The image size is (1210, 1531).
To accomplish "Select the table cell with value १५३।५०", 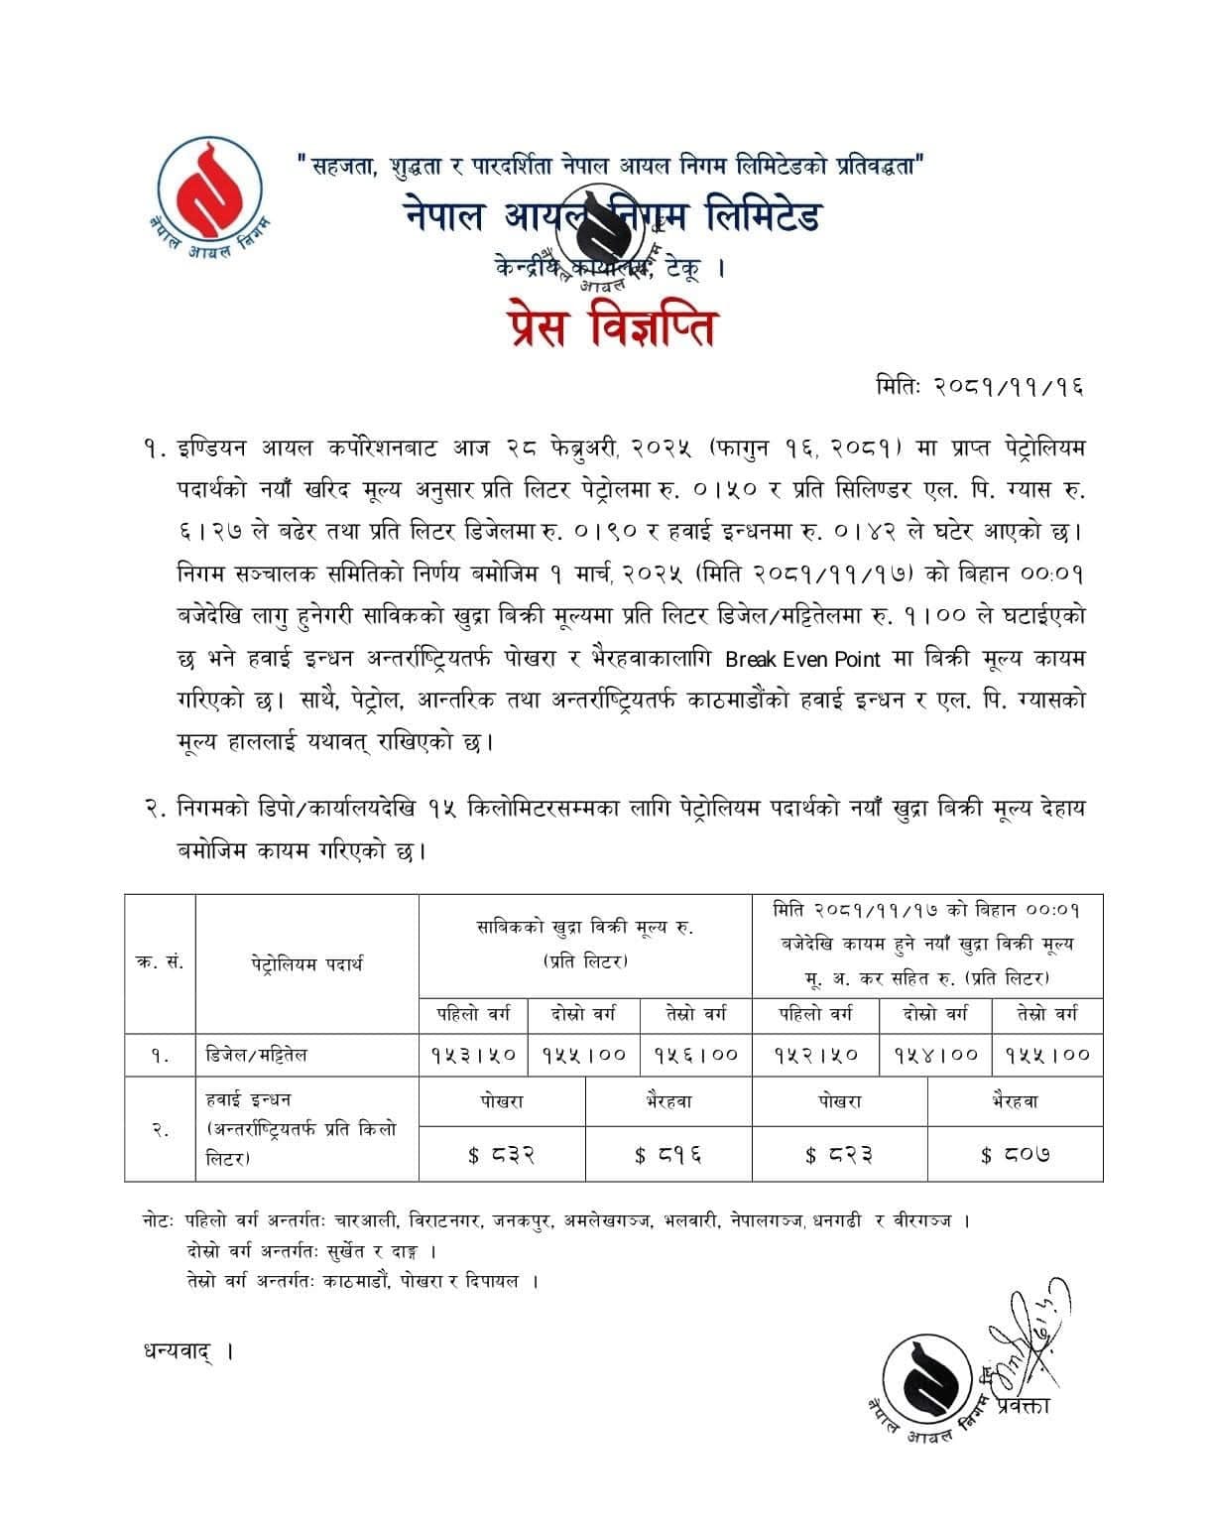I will tap(473, 1055).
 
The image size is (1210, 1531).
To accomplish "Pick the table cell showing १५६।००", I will tap(696, 1055).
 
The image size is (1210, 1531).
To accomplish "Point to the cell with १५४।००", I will tap(935, 1055).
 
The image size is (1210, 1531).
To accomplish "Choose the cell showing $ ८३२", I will tap(502, 1154).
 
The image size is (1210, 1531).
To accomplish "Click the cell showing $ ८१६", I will tap(668, 1154).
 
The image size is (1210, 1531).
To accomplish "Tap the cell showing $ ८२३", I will tap(839, 1154).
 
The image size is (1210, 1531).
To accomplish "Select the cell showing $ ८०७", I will tap(1015, 1154).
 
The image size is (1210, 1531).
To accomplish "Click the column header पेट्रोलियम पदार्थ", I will tap(306, 962).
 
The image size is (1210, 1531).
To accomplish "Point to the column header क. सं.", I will tap(160, 962).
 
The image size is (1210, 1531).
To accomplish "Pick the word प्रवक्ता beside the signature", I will tap(1025, 1407).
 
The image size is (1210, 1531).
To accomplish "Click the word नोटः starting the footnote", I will tap(159, 1220).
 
